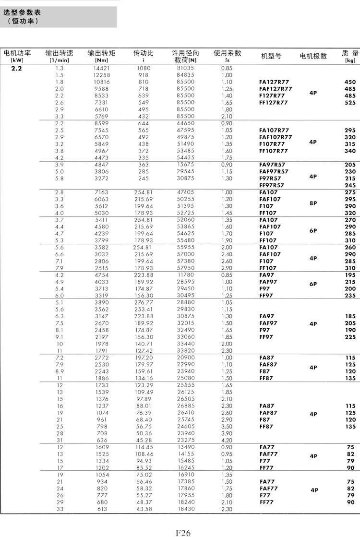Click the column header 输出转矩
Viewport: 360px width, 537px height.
click(101, 53)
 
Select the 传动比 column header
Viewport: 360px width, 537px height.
click(144, 53)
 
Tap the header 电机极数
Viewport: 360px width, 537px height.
click(313, 56)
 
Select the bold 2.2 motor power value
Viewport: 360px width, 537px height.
click(16, 68)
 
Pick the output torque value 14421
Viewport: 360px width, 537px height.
click(101, 68)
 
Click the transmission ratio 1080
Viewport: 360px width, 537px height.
click(144, 68)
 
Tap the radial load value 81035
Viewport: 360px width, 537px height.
click(185, 68)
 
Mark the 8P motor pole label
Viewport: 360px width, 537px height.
click(313, 203)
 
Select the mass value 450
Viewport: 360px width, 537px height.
click(350, 82)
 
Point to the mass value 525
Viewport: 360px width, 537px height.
click(350, 103)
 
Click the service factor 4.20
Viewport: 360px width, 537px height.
click(227, 440)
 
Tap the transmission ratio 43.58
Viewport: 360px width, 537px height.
click(144, 509)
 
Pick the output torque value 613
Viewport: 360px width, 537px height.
click(101, 509)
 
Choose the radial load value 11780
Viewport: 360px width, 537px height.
click(185, 275)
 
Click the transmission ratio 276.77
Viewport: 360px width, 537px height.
click(144, 303)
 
